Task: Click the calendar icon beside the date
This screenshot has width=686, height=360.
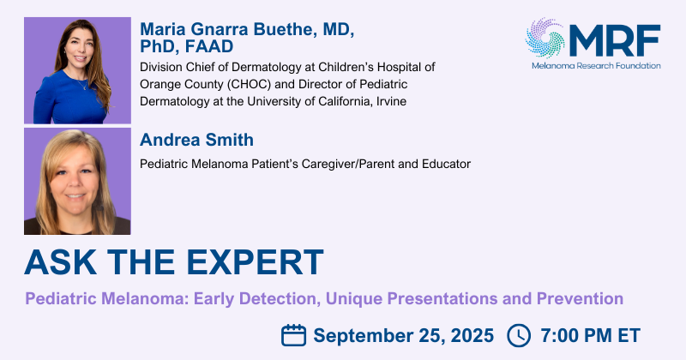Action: (x=293, y=335)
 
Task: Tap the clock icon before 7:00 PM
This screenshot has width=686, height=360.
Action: (x=519, y=335)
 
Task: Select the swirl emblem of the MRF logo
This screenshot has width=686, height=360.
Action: (x=545, y=38)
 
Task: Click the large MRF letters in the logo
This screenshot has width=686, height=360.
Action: (x=615, y=40)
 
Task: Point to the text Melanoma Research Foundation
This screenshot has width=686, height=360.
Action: (x=596, y=66)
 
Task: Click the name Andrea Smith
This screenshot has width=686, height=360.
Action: (x=196, y=140)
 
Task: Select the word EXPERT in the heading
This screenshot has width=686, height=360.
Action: (x=255, y=262)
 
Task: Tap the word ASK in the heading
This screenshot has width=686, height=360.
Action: (x=60, y=262)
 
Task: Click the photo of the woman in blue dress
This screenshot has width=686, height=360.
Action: (x=77, y=70)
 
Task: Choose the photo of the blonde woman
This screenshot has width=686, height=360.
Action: (x=77, y=181)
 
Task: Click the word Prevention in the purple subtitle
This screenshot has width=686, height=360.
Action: (x=580, y=299)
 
